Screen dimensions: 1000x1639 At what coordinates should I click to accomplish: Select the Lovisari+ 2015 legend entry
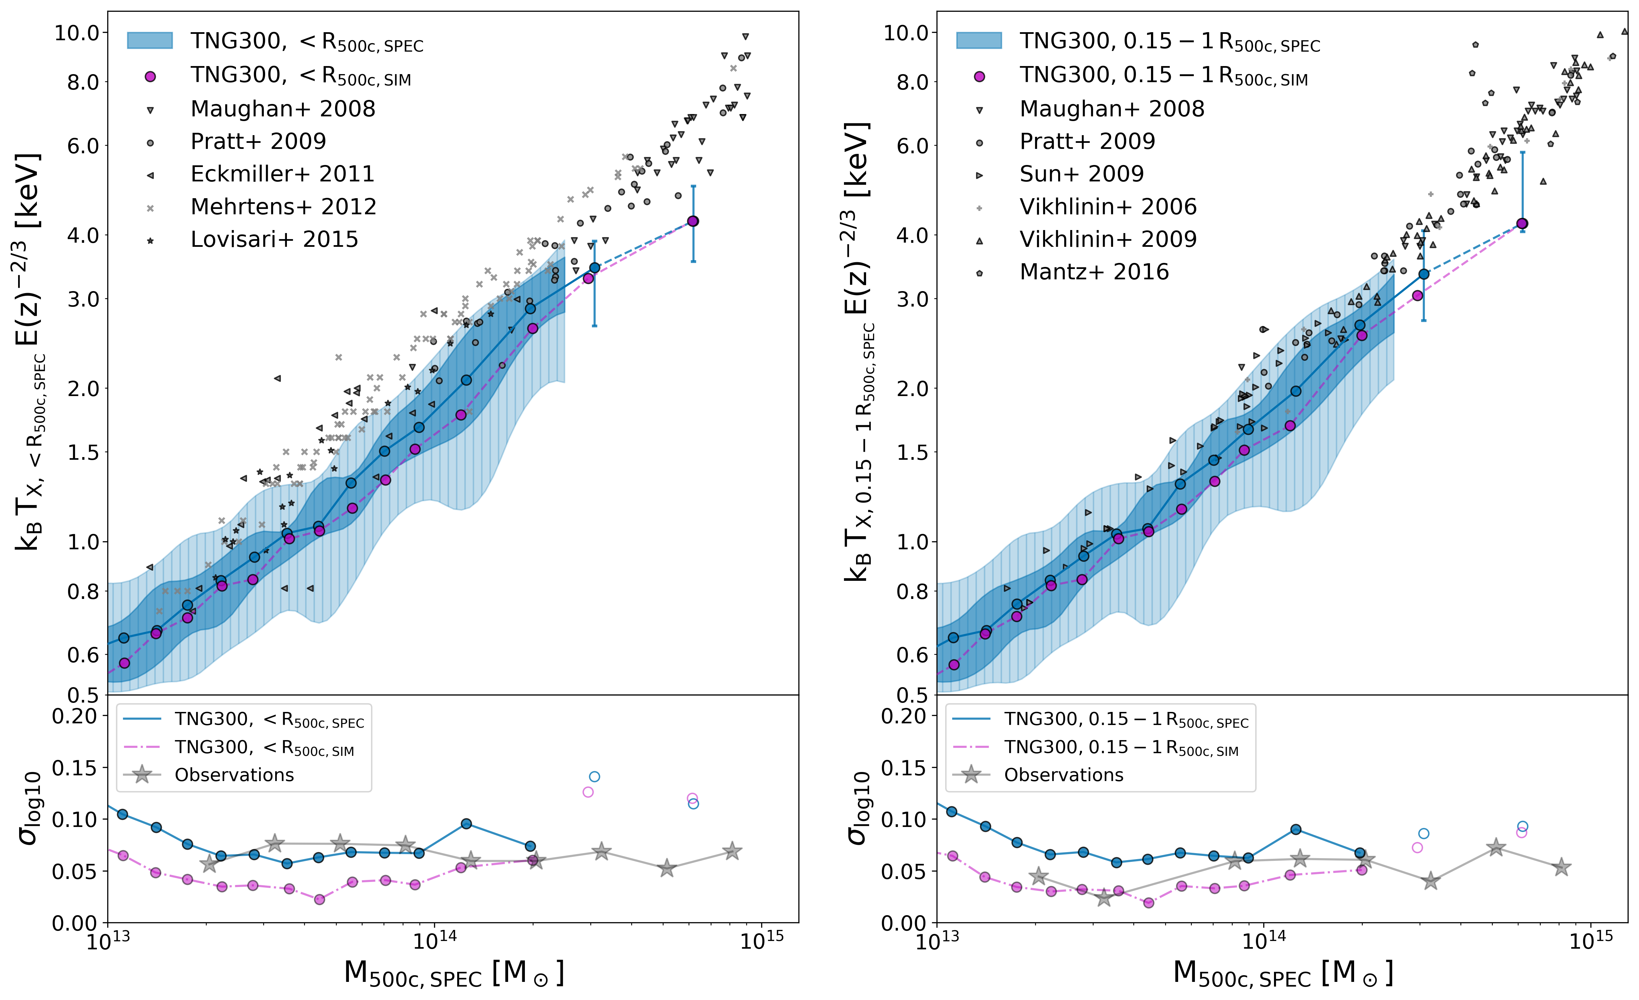point(274,239)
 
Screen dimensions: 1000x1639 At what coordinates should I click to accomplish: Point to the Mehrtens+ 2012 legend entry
point(283,207)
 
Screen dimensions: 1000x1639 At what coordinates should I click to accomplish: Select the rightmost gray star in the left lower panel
point(732,851)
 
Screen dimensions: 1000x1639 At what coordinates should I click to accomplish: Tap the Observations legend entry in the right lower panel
point(1063,775)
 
